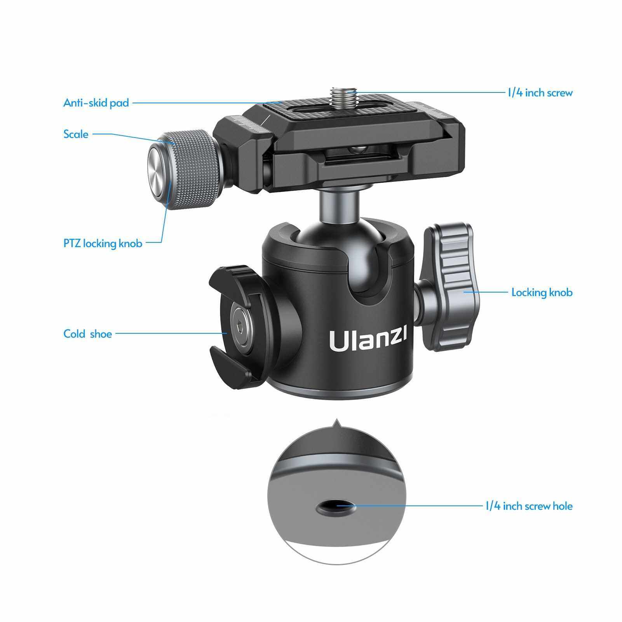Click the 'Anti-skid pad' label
point(96,103)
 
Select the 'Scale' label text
point(76,134)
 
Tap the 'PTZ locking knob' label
point(103,244)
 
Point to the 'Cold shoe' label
point(87,334)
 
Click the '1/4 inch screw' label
point(540,93)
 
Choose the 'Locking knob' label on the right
point(542,292)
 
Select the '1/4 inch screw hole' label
point(529,506)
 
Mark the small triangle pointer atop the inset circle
point(336,423)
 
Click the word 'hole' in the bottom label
point(562,506)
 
